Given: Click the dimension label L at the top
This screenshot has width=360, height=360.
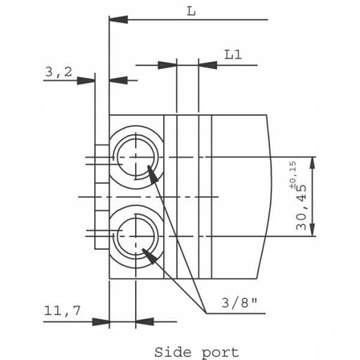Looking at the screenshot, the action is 191,11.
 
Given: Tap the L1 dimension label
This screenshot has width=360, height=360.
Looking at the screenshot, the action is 233,54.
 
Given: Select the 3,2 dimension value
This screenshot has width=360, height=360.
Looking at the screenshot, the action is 58,72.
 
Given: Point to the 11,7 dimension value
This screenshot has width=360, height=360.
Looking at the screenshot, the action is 62,311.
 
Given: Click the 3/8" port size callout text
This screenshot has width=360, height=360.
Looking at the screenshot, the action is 239,303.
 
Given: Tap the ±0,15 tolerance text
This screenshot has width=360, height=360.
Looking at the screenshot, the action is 293,172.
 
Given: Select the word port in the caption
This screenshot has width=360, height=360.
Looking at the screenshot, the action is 220,353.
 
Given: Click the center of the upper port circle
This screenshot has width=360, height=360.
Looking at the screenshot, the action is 136,157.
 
